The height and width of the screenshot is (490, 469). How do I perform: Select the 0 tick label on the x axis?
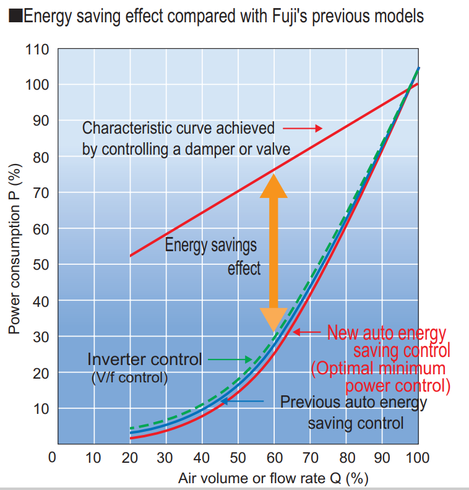pos(53,458)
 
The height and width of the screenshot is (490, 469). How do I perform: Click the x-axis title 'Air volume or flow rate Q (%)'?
pos(270,478)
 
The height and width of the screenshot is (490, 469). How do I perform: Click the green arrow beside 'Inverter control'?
pos(230,358)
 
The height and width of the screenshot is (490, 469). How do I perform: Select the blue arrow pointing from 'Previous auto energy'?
pos(242,401)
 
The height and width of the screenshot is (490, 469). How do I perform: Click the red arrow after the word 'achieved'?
pos(303,128)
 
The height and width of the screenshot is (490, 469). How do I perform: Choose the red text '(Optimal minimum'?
pos(378,369)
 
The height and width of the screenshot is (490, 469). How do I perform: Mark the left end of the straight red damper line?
pos(131,255)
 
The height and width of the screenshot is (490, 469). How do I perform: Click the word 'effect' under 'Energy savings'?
pos(244,269)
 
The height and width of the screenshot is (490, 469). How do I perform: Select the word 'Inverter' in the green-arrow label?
pos(117,359)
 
